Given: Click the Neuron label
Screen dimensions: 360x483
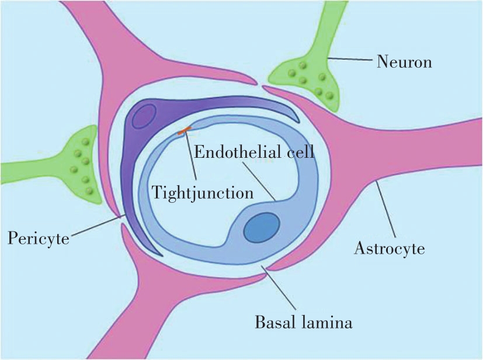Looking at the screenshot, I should point(404,60).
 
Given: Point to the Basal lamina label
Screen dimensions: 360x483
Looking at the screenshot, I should point(304,321).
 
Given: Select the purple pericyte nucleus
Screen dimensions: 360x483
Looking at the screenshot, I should point(143,116).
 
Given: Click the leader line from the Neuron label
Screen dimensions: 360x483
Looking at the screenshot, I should point(350,58).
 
